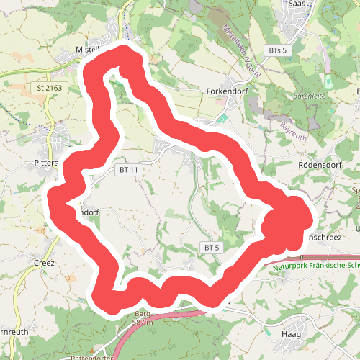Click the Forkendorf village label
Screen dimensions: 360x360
click(x=228, y=92)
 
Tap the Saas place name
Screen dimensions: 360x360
click(x=297, y=4)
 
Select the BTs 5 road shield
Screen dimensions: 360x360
click(x=276, y=50)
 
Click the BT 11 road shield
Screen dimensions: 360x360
click(x=125, y=168)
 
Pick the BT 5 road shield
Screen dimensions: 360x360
click(x=211, y=247)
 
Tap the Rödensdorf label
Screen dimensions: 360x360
click(x=318, y=165)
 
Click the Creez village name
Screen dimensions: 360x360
click(x=44, y=263)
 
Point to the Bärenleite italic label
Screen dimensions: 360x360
click(x=311, y=96)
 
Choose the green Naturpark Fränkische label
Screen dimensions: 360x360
click(x=316, y=264)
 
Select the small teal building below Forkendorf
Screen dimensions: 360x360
click(x=222, y=117)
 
